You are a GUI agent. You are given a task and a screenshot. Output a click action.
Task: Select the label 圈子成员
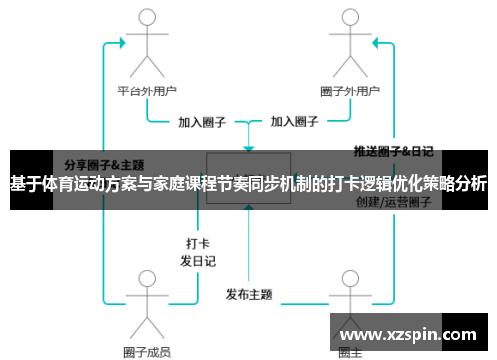click(147, 351)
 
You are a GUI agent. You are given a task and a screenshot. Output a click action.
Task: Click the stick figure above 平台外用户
click(147, 45)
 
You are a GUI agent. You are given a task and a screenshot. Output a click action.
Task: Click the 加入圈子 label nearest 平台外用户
click(202, 123)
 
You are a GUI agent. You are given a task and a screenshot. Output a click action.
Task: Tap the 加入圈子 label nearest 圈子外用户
click(295, 123)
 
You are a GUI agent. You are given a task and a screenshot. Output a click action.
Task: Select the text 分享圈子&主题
click(104, 164)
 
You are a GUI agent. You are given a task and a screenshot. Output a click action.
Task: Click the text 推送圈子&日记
click(394, 152)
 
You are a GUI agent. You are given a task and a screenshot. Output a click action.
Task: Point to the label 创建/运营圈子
click(394, 203)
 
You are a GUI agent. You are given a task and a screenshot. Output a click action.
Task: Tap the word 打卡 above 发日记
click(197, 242)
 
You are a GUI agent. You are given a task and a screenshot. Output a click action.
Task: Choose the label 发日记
click(197, 260)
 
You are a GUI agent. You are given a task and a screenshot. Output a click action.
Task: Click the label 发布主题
click(248, 294)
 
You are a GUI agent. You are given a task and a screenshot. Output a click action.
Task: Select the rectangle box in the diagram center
click(248, 178)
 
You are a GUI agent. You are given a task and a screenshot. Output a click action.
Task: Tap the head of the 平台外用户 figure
click(147, 23)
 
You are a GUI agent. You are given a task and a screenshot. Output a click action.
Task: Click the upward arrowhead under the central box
click(248, 211)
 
